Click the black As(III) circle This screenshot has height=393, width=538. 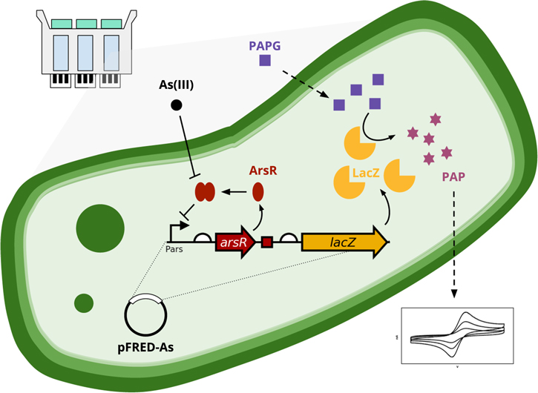pos(177,105)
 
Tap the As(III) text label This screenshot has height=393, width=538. pos(177,85)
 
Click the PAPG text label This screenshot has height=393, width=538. pos(266,46)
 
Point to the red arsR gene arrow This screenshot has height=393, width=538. pos(235,242)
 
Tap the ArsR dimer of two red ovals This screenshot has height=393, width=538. pos(205,192)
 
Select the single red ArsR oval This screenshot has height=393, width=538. pos(258,191)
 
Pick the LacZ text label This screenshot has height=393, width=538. pos(367,173)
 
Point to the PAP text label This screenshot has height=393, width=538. pos(453,176)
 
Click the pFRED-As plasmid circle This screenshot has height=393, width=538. pos(145,316)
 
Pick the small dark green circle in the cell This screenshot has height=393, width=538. pos(83,303)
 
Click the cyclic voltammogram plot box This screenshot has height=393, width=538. pos(457,335)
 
